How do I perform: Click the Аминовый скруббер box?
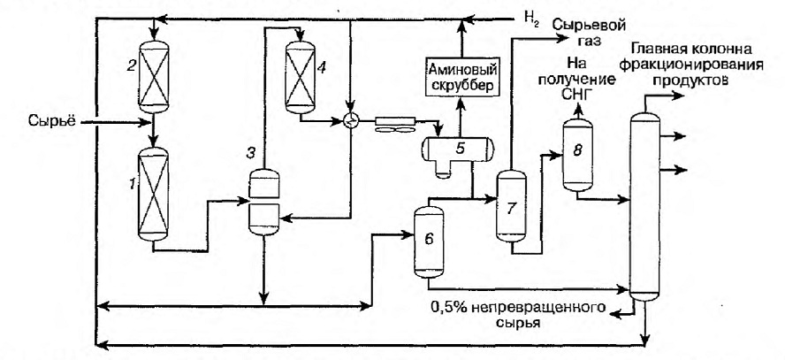[461, 77]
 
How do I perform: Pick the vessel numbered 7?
[511, 206]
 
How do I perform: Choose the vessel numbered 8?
[578, 156]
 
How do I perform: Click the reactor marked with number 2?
[154, 77]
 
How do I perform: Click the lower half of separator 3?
[263, 218]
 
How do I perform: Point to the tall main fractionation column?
[644, 206]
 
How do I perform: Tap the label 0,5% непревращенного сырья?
[516, 314]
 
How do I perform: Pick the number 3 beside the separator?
[249, 152]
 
